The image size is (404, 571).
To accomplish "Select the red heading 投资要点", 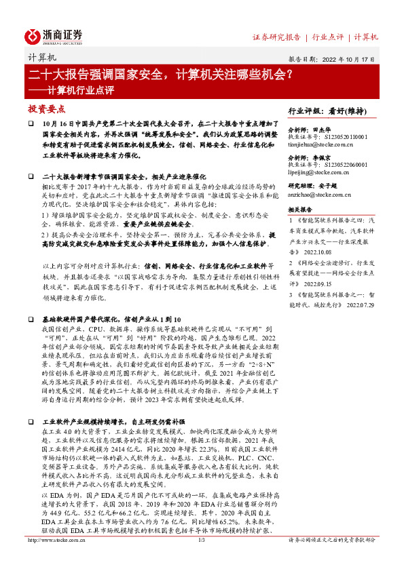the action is pos(47,109).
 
